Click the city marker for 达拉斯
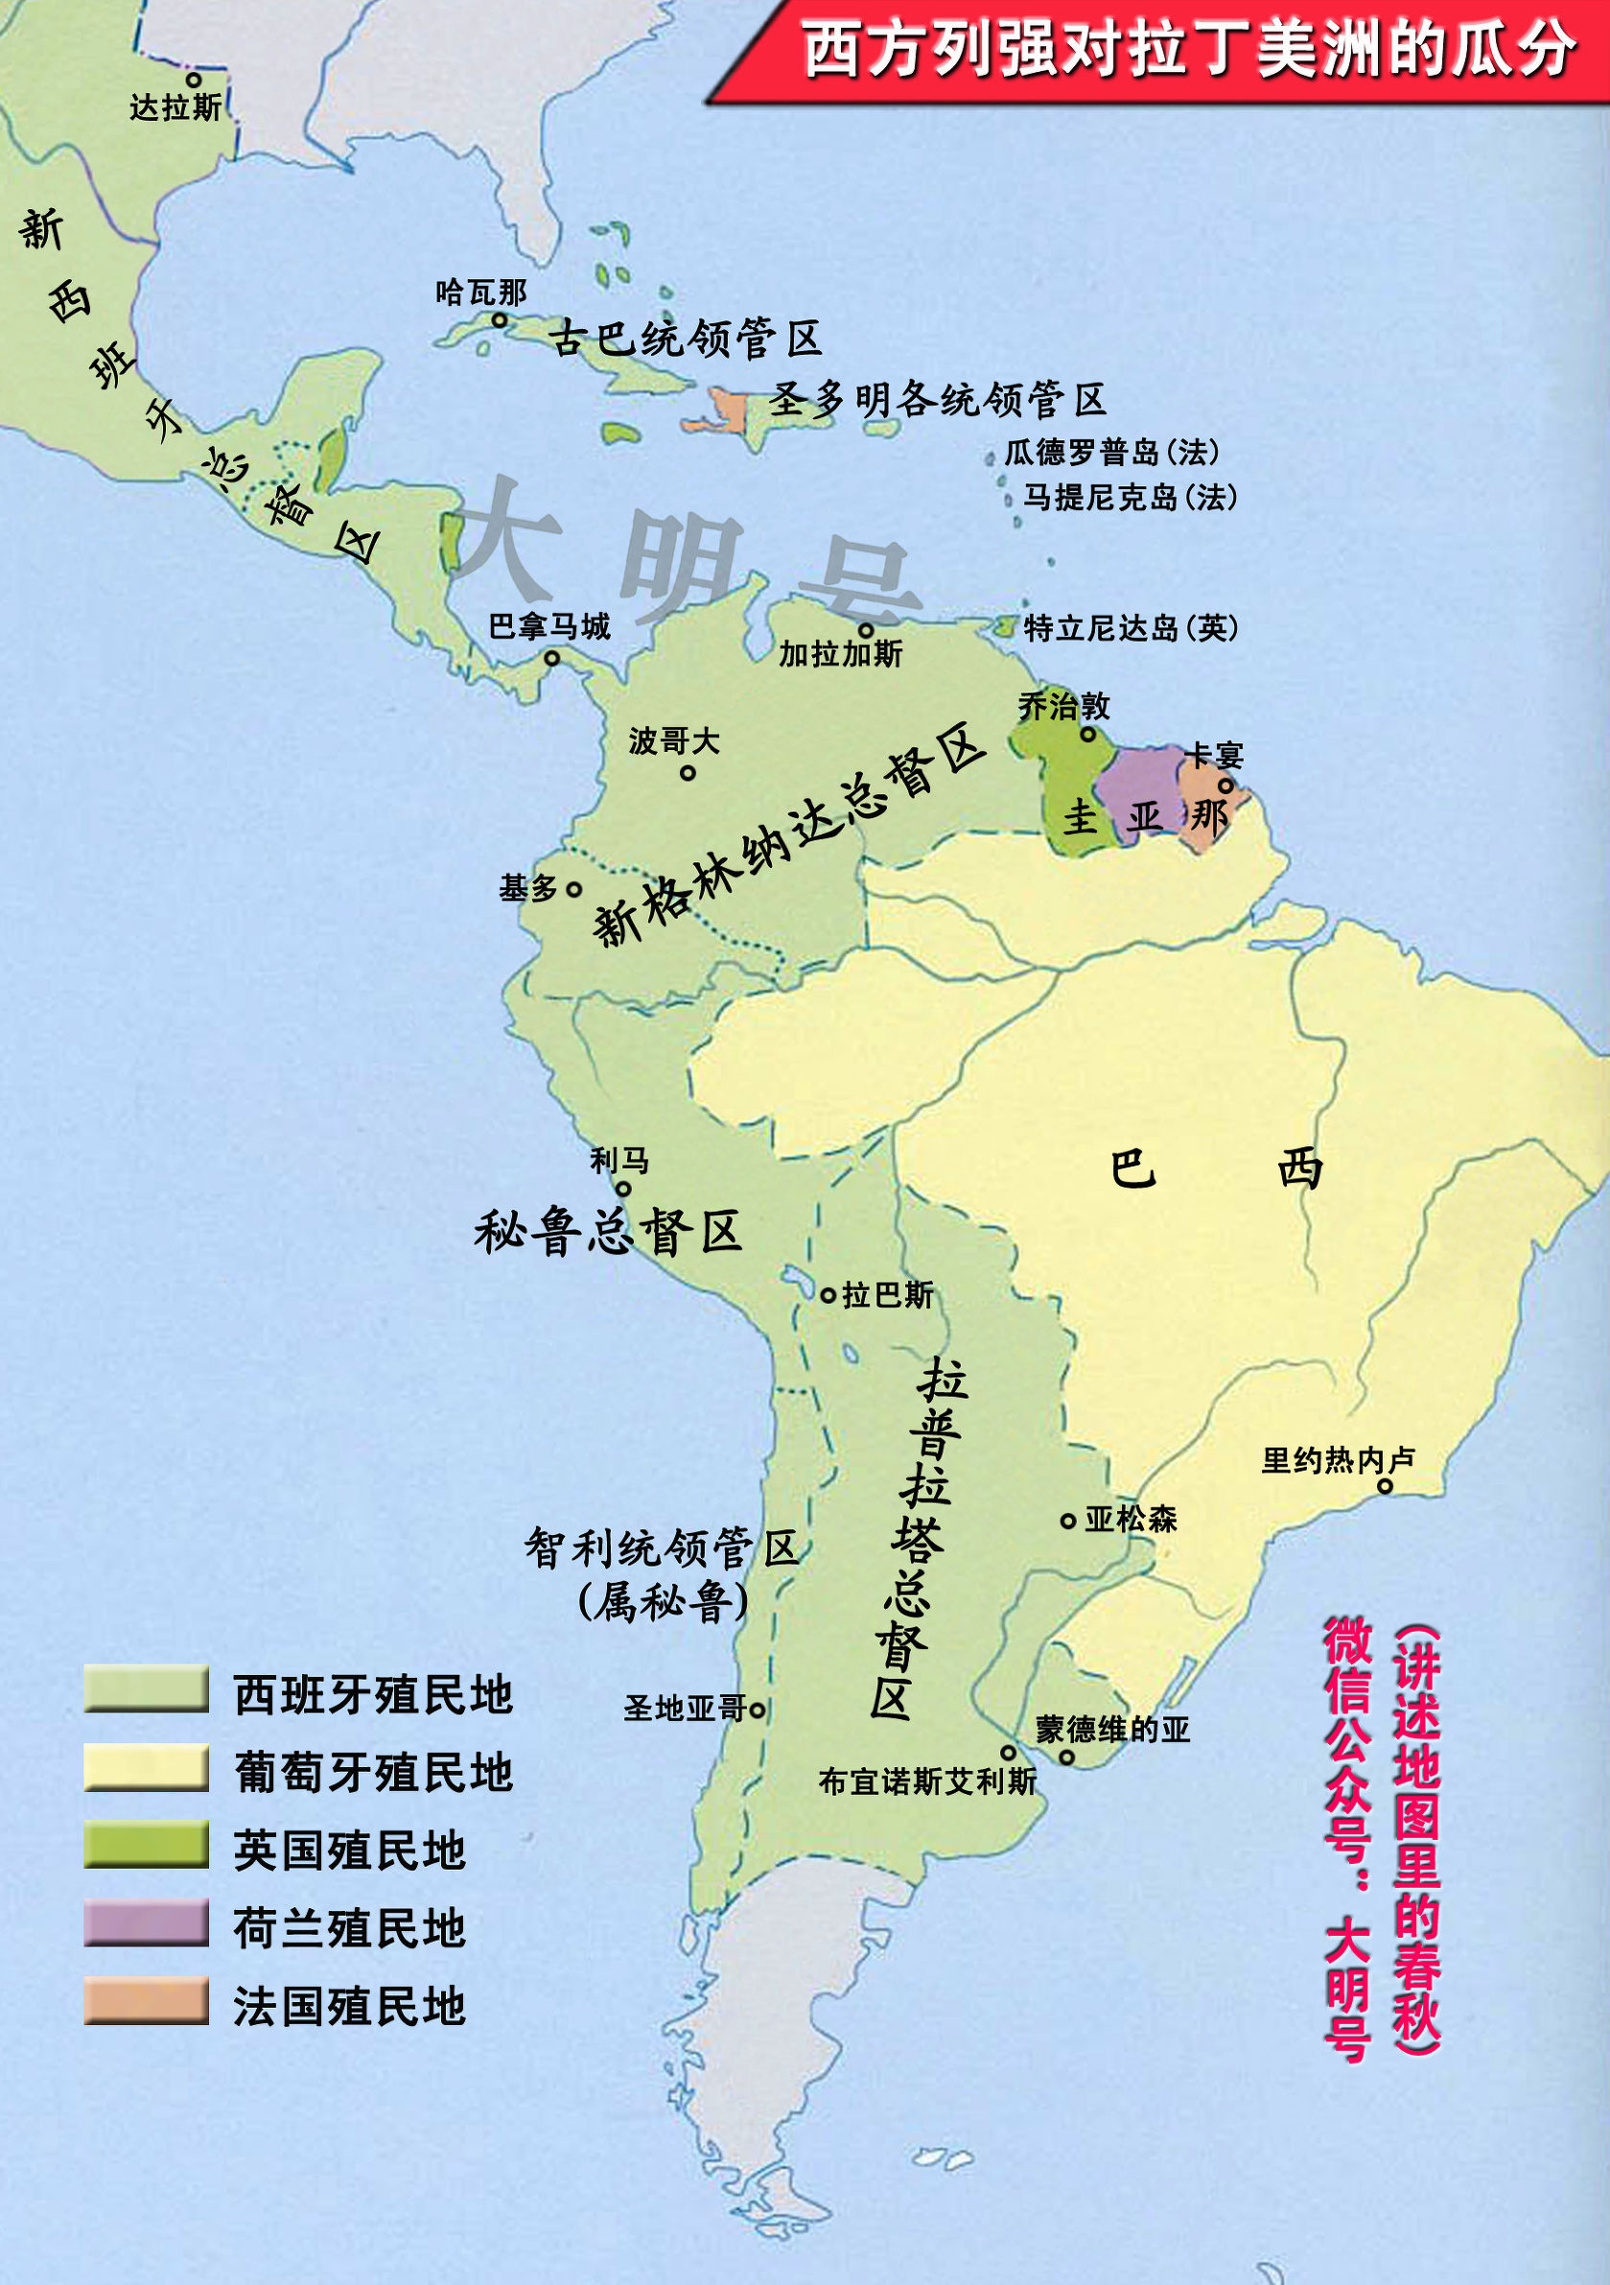click(193, 80)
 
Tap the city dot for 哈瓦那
click(500, 319)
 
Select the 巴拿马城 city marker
click(552, 658)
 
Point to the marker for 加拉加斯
click(866, 630)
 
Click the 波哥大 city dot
click(688, 772)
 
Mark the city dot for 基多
click(574, 888)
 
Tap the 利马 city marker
click(623, 1189)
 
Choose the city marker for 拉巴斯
click(828, 1295)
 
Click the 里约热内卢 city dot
click(1384, 1486)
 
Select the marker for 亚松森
click(1067, 1520)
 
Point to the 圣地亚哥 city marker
click(758, 1709)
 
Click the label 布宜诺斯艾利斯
click(927, 1781)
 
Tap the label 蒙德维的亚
click(1112, 1729)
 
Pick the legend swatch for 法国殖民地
click(147, 2000)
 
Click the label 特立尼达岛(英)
click(1132, 628)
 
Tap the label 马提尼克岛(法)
click(1131, 497)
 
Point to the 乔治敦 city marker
click(1087, 735)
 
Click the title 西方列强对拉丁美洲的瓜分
click(1188, 49)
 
